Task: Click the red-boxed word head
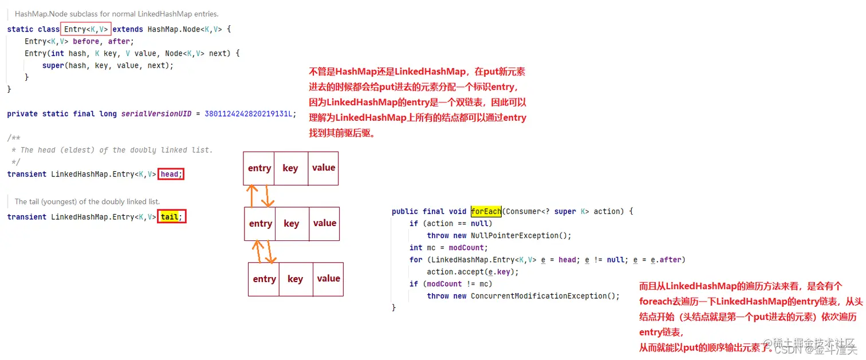[x=171, y=174]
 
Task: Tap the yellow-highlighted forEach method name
[x=486, y=211]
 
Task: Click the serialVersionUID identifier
[x=156, y=114]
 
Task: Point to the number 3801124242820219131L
[x=250, y=114]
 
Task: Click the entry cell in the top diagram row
[x=259, y=168]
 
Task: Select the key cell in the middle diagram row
[x=292, y=223]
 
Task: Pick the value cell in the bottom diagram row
[x=328, y=279]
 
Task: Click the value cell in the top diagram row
[x=324, y=168]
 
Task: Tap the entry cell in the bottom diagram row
[x=264, y=279]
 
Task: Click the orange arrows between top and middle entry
[x=259, y=196]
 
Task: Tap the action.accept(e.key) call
[x=473, y=272]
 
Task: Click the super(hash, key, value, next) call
[x=108, y=65]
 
